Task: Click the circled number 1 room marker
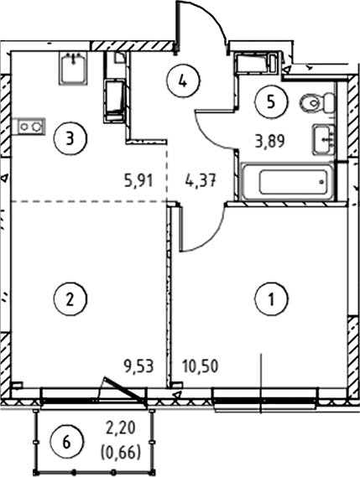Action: tap(271, 298)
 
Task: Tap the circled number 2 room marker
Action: tap(70, 298)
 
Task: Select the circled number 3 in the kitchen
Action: tap(70, 138)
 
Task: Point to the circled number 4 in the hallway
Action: tap(183, 81)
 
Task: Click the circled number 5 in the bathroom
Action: tap(271, 101)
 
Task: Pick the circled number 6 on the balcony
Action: tap(66, 442)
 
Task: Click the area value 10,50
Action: tap(200, 366)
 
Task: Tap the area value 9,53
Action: tap(138, 366)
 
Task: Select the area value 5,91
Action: tap(138, 181)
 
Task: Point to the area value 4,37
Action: tap(201, 181)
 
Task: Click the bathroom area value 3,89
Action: tap(270, 141)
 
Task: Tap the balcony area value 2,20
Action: tap(120, 428)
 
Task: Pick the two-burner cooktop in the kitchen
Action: tap(30, 126)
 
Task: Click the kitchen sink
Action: tap(73, 68)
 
